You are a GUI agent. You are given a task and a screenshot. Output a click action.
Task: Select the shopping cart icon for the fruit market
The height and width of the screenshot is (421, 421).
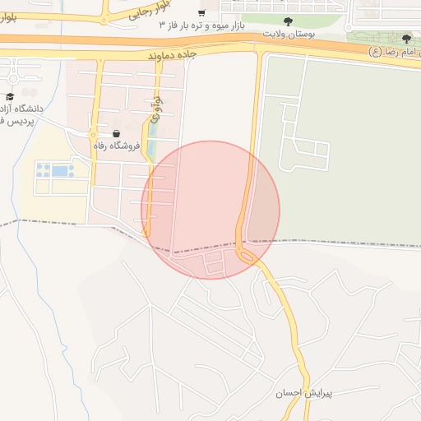201,13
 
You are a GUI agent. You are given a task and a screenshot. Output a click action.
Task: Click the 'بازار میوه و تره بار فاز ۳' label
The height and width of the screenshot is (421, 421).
205,25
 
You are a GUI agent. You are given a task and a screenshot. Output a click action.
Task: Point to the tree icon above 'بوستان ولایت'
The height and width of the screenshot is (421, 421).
287,22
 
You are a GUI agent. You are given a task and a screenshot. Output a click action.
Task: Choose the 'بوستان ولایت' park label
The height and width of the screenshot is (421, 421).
287,35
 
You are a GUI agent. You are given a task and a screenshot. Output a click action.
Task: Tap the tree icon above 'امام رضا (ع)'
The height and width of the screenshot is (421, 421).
406,39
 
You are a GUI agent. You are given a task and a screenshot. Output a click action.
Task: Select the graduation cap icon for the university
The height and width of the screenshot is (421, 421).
10,96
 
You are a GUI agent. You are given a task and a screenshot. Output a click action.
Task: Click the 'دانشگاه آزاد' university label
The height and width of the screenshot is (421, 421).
24,109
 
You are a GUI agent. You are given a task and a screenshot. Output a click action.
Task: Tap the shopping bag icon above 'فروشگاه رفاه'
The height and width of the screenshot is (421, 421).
116,133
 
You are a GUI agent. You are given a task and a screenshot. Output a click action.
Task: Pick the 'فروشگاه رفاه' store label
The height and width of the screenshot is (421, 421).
116,146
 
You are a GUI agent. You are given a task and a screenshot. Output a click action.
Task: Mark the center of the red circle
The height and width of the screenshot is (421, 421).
210,210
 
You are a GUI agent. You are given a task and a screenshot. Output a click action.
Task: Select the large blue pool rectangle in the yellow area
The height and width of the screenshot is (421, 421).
61,171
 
